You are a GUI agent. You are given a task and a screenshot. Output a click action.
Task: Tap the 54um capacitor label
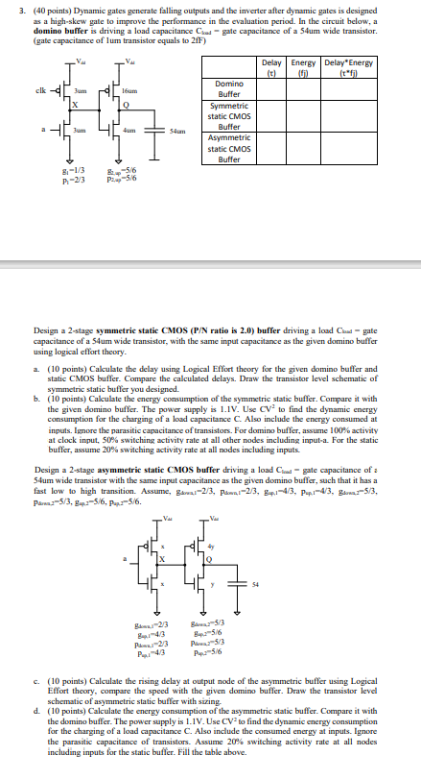(x=176, y=130)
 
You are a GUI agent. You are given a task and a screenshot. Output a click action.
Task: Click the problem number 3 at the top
(x=8, y=9)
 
